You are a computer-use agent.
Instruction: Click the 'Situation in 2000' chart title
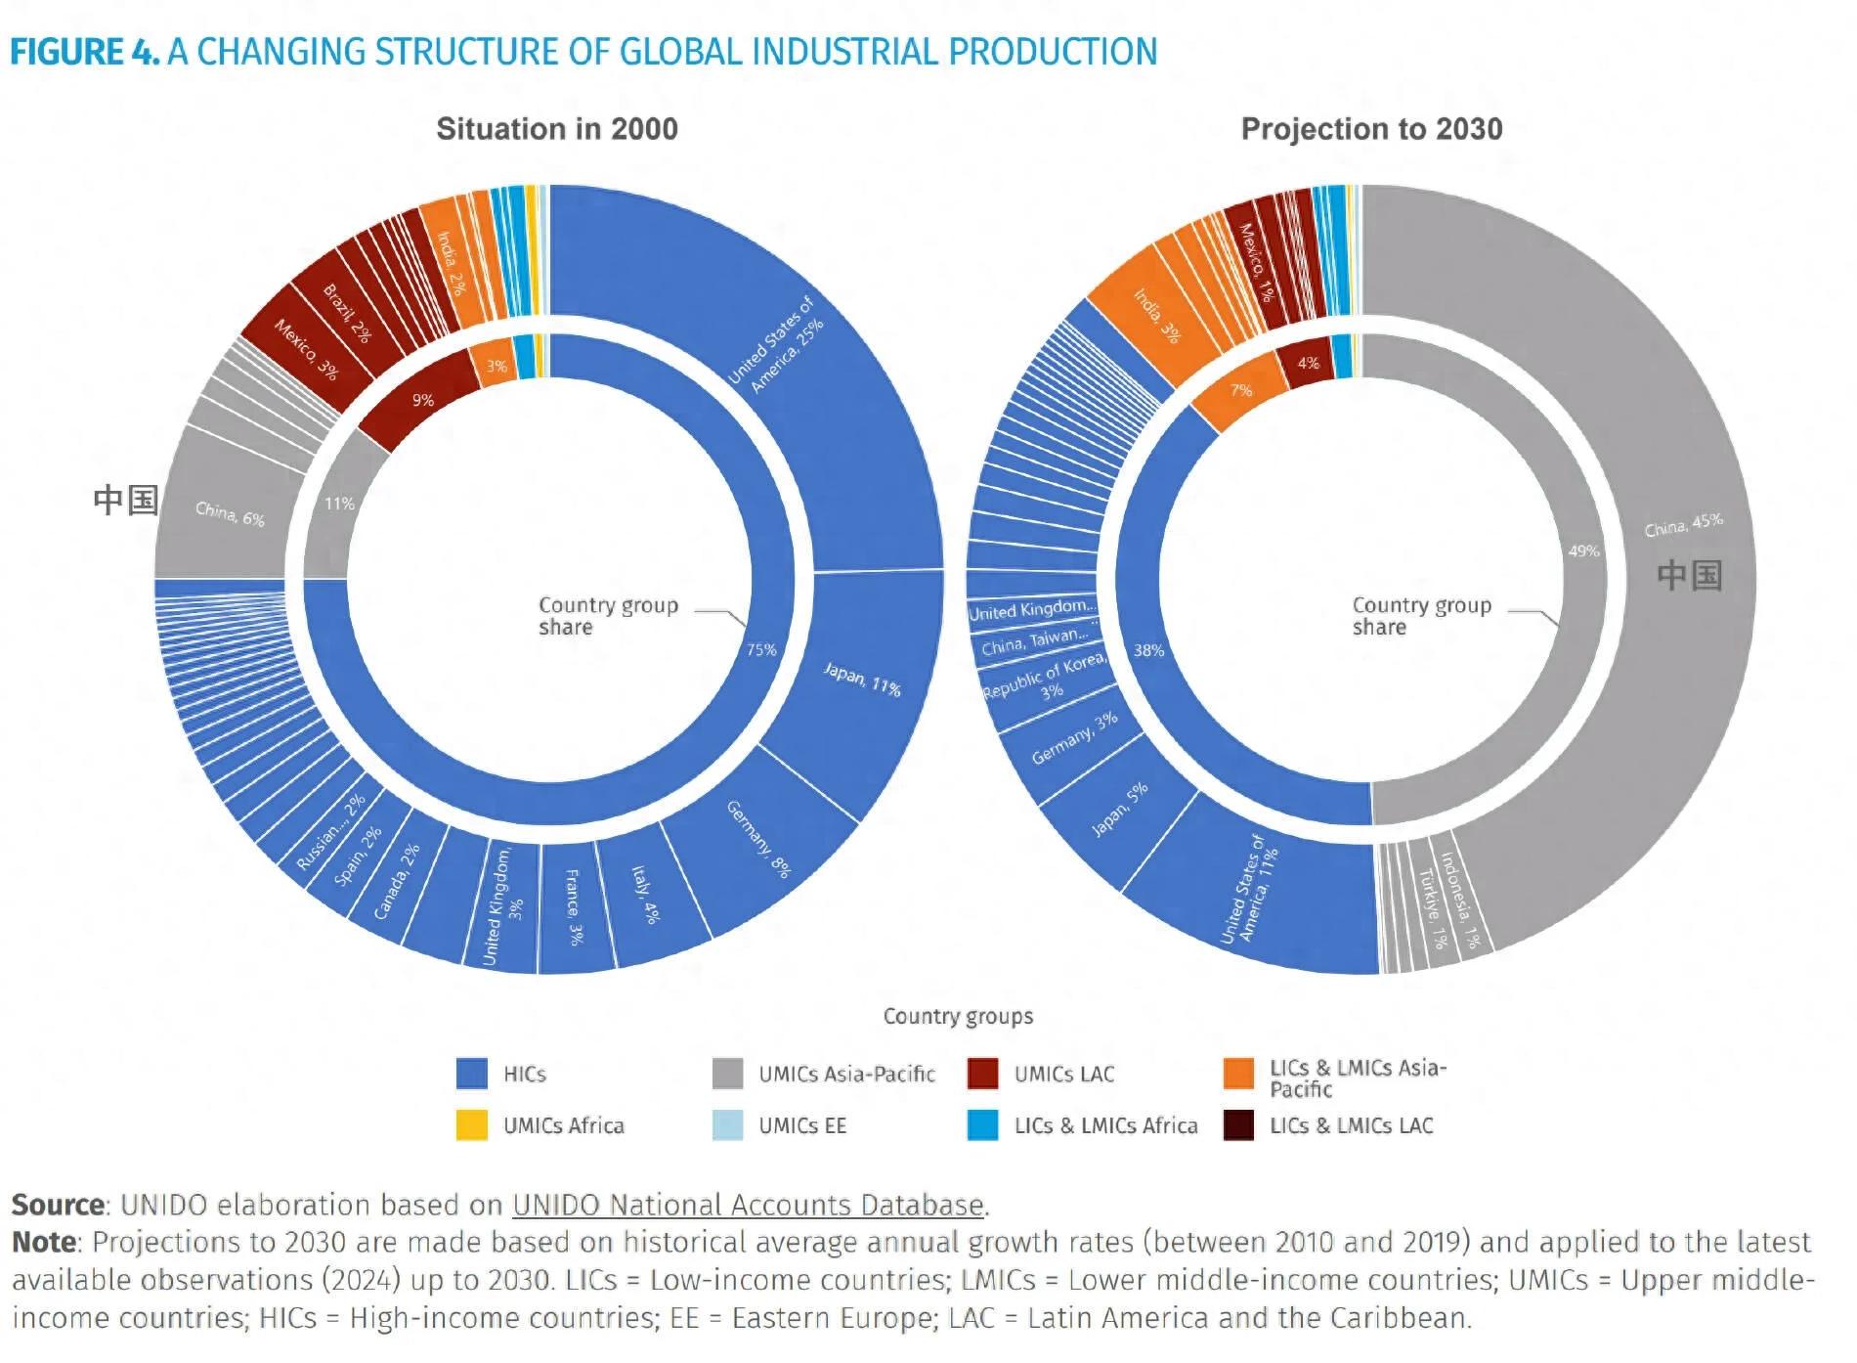tap(557, 129)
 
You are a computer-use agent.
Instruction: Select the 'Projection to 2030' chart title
tap(1371, 129)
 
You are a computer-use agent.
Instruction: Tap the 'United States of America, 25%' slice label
tap(777, 343)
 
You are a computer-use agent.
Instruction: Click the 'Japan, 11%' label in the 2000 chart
tap(862, 678)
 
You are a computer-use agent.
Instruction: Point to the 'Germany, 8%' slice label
tap(758, 839)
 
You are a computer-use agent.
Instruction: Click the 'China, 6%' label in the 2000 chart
tap(230, 513)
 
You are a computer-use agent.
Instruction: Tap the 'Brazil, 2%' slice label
tap(347, 313)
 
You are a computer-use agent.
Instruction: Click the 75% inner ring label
tap(761, 649)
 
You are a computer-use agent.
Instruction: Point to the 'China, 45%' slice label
tap(1683, 524)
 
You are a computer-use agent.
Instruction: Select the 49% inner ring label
tap(1583, 551)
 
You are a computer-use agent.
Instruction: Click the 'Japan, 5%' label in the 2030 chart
tap(1120, 810)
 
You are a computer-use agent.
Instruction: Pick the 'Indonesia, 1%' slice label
tap(1460, 901)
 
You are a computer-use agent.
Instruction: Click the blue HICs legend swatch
tap(472, 1074)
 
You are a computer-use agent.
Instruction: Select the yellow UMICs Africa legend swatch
tap(472, 1125)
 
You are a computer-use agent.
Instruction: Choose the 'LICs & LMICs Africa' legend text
tap(1105, 1125)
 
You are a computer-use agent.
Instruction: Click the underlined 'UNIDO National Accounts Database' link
tap(748, 1205)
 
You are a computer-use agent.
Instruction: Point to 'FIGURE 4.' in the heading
tap(85, 52)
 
